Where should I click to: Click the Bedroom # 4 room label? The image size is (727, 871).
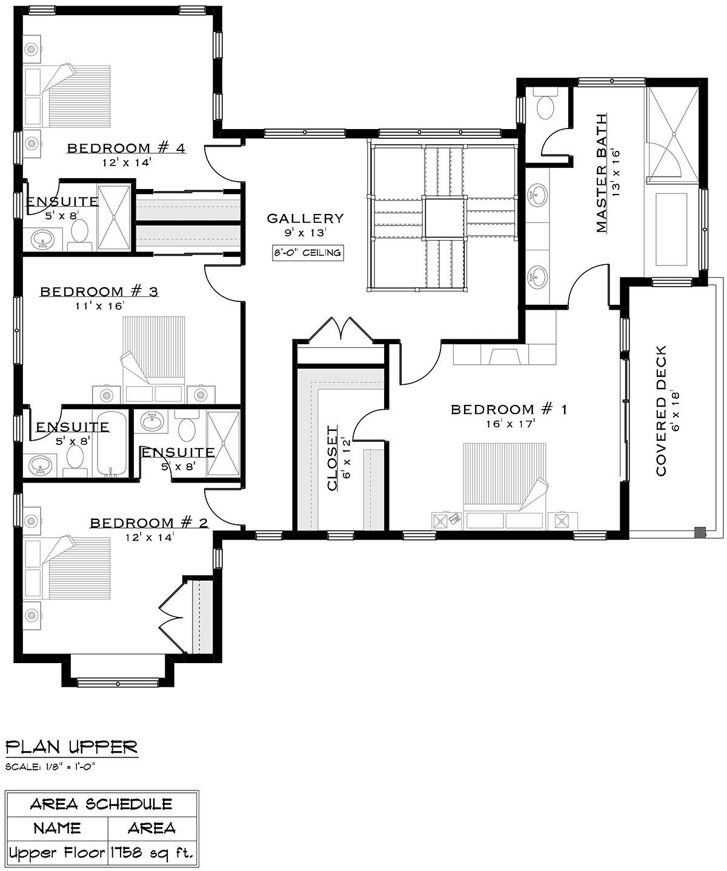[126, 148]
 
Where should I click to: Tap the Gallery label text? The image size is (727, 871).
[305, 218]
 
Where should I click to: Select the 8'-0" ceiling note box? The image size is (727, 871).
[308, 253]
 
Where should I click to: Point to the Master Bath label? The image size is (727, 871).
[601, 173]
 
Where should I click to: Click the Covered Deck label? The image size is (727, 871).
[661, 410]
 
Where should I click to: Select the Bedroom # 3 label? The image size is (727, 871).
[99, 291]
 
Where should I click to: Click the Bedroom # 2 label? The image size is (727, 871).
[149, 522]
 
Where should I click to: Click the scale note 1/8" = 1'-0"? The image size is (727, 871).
[50, 766]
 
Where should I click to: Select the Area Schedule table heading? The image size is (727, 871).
[101, 804]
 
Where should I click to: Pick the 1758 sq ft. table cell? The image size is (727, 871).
[152, 852]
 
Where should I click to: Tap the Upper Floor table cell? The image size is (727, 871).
[57, 852]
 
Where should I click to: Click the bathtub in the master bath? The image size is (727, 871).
[671, 230]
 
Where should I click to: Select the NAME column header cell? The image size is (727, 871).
[58, 828]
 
